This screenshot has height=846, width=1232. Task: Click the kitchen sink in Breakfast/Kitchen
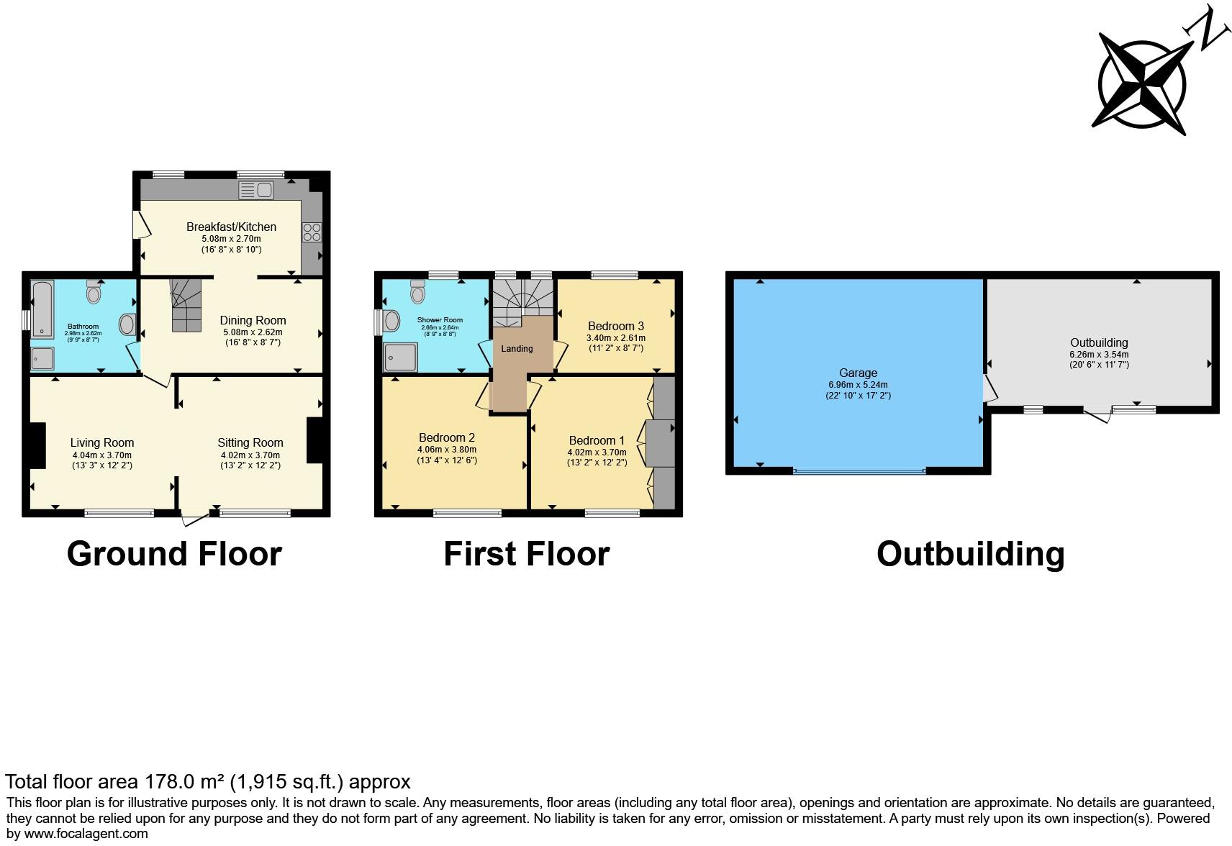[255, 190]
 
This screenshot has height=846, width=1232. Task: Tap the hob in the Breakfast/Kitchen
[312, 232]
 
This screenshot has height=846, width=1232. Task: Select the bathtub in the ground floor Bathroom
[42, 309]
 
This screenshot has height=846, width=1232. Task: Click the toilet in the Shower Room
[418, 292]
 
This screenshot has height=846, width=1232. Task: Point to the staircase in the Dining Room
[186, 306]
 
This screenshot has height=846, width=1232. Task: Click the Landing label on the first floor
[517, 348]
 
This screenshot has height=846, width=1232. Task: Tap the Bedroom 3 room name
[616, 326]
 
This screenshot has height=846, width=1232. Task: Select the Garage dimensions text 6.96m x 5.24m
[858, 385]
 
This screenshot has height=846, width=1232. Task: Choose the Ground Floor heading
[174, 553]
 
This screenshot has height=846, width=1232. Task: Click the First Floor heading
[527, 553]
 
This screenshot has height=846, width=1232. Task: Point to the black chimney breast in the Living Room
[37, 445]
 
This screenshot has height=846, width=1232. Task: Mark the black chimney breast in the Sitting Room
[314, 440]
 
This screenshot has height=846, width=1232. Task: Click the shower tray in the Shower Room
[400, 358]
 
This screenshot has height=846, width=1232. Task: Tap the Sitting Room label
[250, 442]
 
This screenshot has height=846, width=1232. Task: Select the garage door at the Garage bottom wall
[860, 471]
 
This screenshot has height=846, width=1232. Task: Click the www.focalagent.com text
[86, 833]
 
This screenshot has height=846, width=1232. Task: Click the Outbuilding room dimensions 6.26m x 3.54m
[1099, 355]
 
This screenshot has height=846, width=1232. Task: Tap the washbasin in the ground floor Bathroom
[127, 324]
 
